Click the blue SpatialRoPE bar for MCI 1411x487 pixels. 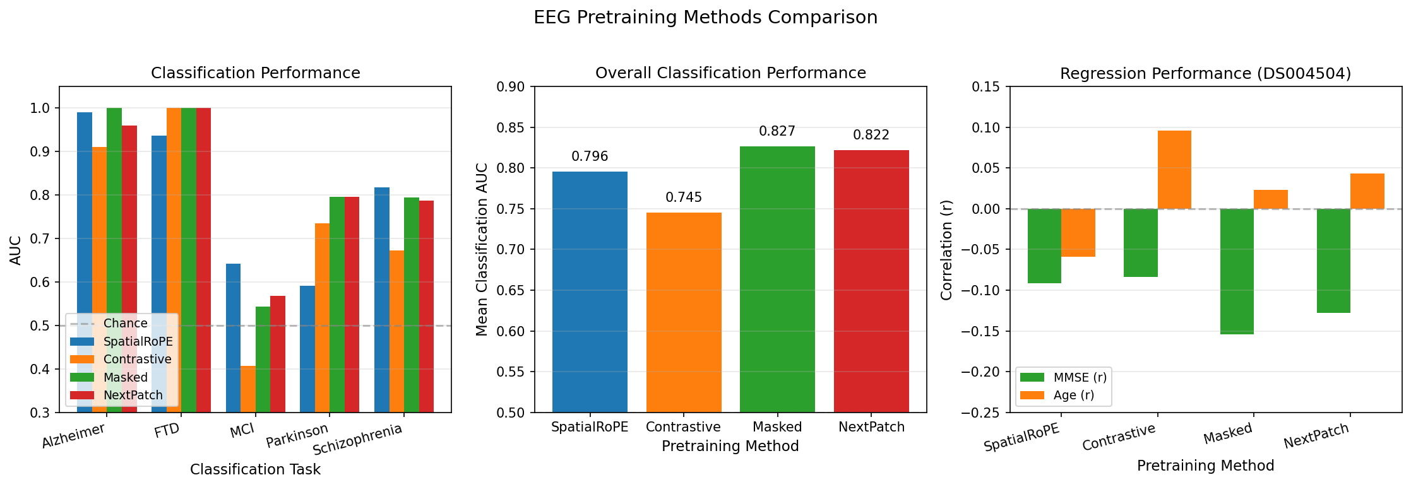pyautogui.click(x=233, y=338)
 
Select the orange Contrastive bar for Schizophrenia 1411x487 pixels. pyautogui.click(x=396, y=331)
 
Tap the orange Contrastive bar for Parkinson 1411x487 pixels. pyautogui.click(x=322, y=318)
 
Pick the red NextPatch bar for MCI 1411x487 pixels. pyautogui.click(x=278, y=354)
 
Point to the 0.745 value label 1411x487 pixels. pyautogui.click(x=684, y=197)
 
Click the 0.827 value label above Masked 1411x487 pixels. pyautogui.click(x=777, y=131)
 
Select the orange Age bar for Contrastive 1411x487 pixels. pyautogui.click(x=1174, y=170)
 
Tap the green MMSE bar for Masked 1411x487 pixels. pyautogui.click(x=1237, y=271)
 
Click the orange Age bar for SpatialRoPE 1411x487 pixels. pyautogui.click(x=1078, y=233)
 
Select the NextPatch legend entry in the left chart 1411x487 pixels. pyautogui.click(x=133, y=396)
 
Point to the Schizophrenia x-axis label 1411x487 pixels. pyautogui.click(x=358, y=440)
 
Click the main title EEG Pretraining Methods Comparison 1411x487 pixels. pyautogui.click(x=705, y=17)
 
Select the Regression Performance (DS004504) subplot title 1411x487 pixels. pyautogui.click(x=1205, y=73)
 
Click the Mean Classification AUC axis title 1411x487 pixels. pyautogui.click(x=482, y=249)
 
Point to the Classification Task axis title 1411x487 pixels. pyautogui.click(x=255, y=469)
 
